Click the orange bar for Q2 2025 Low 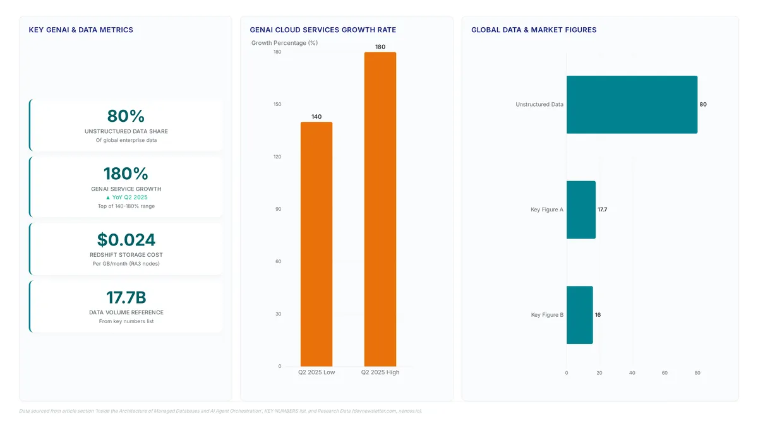click(x=316, y=244)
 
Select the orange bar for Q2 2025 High click(x=380, y=209)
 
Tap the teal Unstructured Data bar click(x=632, y=105)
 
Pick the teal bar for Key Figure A click(x=581, y=210)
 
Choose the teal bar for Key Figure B click(x=580, y=315)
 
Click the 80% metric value click(x=126, y=116)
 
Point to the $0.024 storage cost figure click(x=126, y=240)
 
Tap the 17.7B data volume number click(x=126, y=297)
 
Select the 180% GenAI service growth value click(x=126, y=174)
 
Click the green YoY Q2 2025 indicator click(x=126, y=198)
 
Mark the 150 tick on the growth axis click(x=277, y=104)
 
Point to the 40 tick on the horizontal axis click(x=632, y=373)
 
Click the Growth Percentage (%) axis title click(x=284, y=43)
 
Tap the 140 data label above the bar click(x=316, y=117)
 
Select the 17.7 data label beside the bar click(x=603, y=210)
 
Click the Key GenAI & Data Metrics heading click(x=81, y=30)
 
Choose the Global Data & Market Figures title click(x=534, y=30)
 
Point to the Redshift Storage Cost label click(x=126, y=255)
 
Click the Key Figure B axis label click(x=547, y=315)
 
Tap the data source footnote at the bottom click(x=220, y=411)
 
